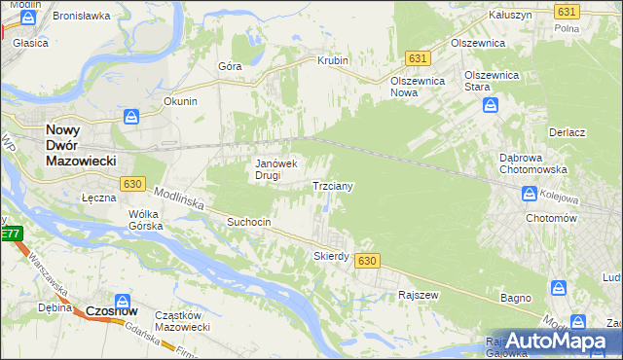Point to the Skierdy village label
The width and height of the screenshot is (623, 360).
331,256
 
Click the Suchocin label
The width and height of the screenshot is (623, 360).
248,222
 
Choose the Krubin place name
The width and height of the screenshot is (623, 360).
332,60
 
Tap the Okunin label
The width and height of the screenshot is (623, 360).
181,101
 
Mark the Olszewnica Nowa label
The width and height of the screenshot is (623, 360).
418,87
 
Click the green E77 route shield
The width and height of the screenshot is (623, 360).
11,234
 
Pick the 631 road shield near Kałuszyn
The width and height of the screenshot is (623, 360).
566,11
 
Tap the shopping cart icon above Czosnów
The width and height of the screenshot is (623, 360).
123,301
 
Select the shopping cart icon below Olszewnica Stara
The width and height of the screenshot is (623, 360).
492,104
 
